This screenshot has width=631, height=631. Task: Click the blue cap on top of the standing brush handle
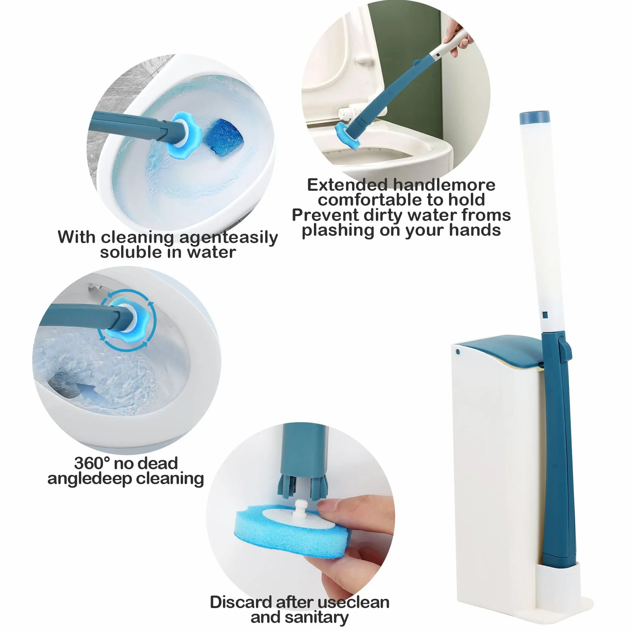coord(534,117)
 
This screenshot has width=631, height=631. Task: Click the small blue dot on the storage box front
coord(458,351)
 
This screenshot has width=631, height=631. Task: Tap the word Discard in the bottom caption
coord(240,602)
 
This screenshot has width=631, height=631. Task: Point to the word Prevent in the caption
coord(326,215)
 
